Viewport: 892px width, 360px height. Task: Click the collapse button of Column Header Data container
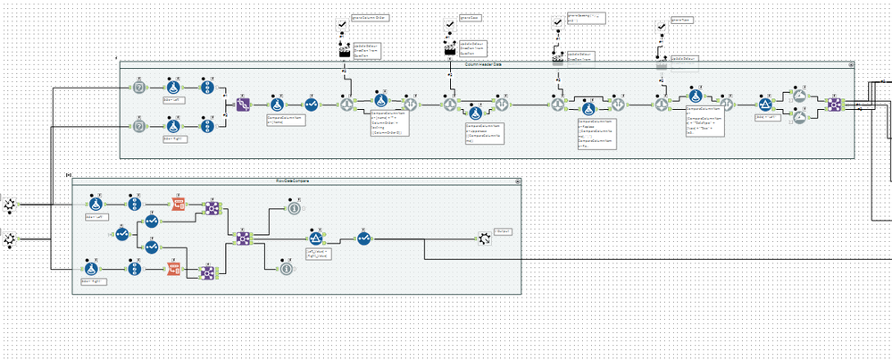tap(851, 64)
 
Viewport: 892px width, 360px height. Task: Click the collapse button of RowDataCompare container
tap(515, 181)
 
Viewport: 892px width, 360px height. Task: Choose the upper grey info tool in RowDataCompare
tap(294, 207)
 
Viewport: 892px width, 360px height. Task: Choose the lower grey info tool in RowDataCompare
tap(286, 267)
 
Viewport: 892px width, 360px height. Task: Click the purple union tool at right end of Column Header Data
tap(834, 104)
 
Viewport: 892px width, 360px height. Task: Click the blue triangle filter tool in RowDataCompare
tap(314, 238)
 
